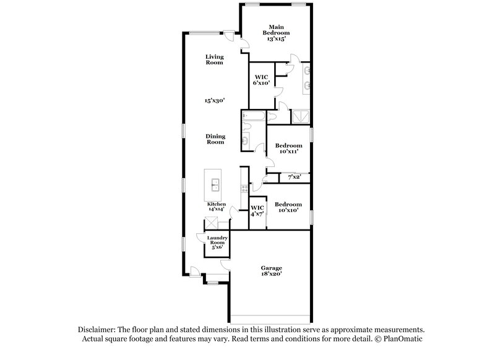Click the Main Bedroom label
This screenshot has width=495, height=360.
276,29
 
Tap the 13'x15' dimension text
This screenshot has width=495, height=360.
276,38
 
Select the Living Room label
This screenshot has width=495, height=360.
214,59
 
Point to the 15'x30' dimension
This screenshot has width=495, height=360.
214,100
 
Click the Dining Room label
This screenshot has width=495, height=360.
215,139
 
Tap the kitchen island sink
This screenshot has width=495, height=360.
216,184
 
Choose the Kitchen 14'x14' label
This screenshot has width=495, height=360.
217,207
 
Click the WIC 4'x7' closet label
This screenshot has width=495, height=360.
257,210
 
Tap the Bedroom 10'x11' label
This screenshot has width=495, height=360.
288,148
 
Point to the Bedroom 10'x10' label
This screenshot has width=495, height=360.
288,207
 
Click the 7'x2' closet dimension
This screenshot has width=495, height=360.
293,178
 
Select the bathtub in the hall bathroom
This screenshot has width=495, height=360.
254,116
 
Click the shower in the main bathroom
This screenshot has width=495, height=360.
300,116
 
